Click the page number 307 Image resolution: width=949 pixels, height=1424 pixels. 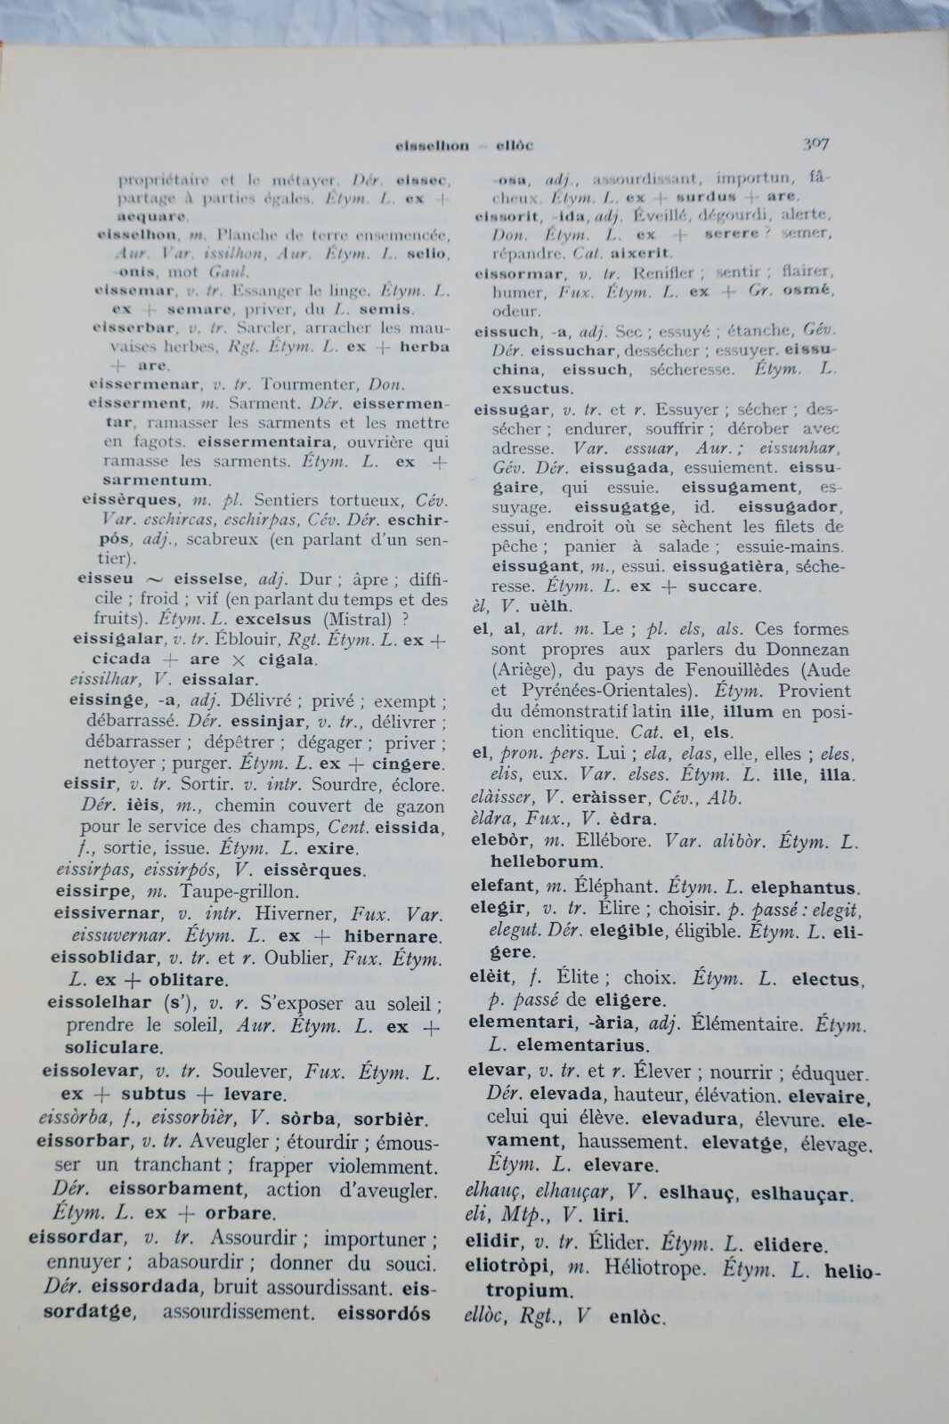[815, 143]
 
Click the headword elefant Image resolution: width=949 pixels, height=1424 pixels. [503, 886]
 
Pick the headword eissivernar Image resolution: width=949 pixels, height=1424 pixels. [108, 913]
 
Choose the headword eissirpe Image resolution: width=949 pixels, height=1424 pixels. [93, 891]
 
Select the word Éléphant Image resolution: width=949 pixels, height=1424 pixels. [612, 886]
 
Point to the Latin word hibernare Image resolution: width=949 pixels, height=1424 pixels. [392, 936]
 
